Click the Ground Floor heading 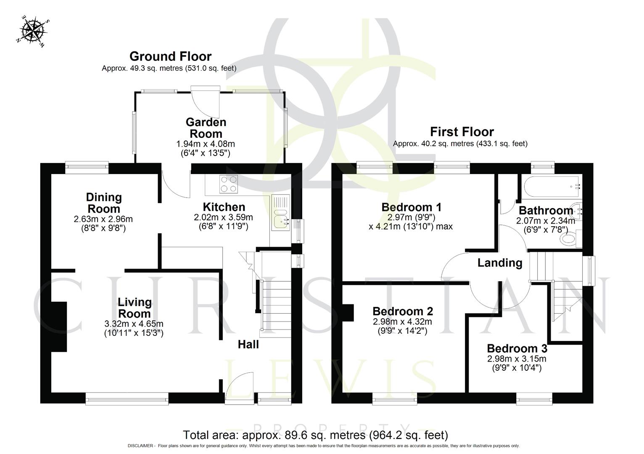point(170,56)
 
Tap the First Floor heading point(462,132)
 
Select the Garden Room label point(206,128)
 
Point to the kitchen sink point(280,222)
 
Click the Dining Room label point(103,203)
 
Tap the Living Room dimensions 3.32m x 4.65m point(134,324)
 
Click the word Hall point(248,345)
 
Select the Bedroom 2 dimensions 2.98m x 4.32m point(403,322)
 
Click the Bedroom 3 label point(517,348)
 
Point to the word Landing point(499,263)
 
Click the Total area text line point(315,435)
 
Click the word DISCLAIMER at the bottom point(141,446)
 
